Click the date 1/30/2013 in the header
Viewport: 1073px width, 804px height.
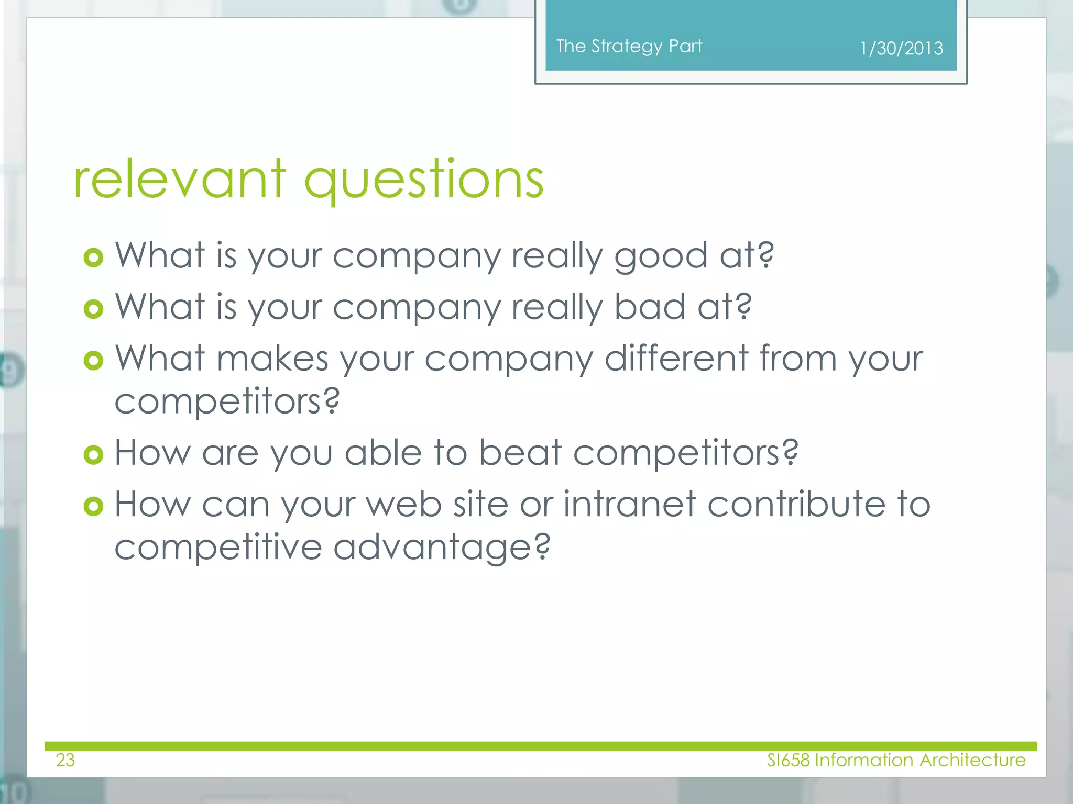point(901,48)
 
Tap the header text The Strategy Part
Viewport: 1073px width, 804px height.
point(629,46)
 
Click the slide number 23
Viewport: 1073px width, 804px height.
point(65,760)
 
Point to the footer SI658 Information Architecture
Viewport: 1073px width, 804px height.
point(896,760)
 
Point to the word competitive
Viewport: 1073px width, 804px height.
point(218,547)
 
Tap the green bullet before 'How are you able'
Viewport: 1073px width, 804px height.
point(93,454)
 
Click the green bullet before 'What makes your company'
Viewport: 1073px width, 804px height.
point(93,360)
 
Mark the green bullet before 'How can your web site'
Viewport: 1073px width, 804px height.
point(93,506)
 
